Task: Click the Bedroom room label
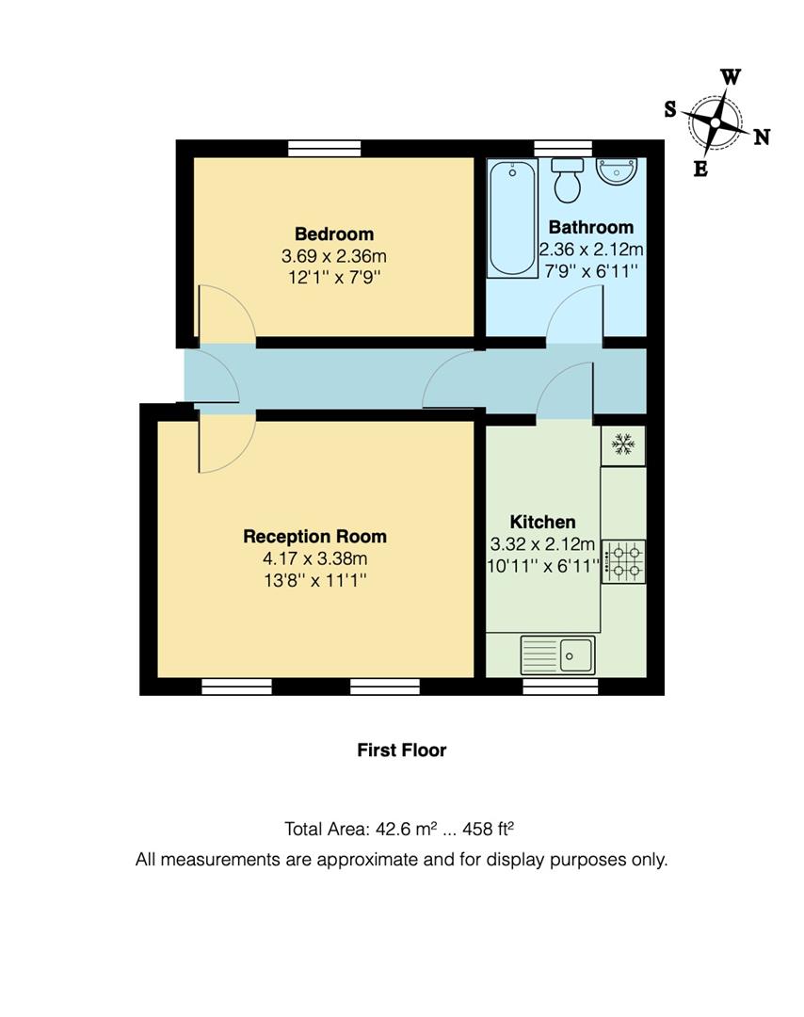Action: [333, 234]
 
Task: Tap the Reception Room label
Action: [314, 537]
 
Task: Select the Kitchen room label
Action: [542, 522]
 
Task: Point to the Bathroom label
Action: [590, 227]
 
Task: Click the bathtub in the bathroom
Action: [511, 218]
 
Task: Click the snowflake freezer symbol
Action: [622, 444]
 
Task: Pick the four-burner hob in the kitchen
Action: [623, 561]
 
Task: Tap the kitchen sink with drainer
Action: [557, 654]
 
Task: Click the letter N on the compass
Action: [762, 137]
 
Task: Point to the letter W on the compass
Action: [731, 77]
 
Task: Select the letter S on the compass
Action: [670, 109]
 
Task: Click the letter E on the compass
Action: [700, 169]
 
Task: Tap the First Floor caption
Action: [401, 751]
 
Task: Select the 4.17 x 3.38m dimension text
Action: [314, 558]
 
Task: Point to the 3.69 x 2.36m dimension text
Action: [333, 255]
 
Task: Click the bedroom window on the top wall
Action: [325, 148]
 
